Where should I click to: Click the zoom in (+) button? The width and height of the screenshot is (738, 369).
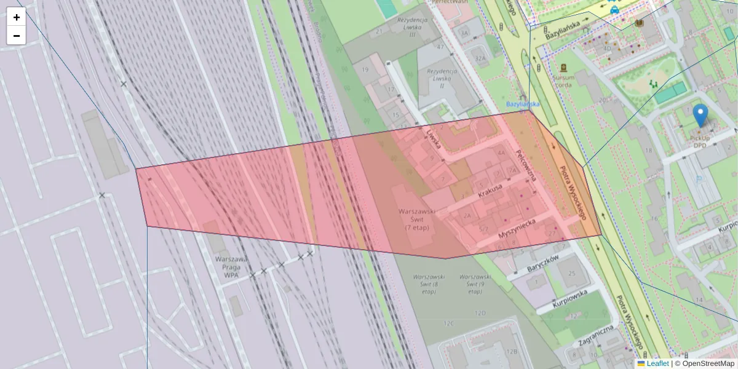click(x=17, y=17)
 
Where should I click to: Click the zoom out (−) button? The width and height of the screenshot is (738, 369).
click(x=17, y=36)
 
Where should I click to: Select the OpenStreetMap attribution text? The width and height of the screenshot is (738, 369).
click(x=708, y=363)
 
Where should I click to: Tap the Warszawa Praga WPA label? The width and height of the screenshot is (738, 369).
click(x=231, y=267)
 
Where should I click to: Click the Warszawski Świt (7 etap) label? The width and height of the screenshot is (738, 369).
click(x=416, y=219)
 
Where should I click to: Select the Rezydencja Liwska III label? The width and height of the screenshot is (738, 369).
click(x=413, y=28)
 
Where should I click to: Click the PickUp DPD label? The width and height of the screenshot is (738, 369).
click(x=700, y=141)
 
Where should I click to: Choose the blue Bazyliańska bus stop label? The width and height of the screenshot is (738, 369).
click(x=522, y=104)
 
